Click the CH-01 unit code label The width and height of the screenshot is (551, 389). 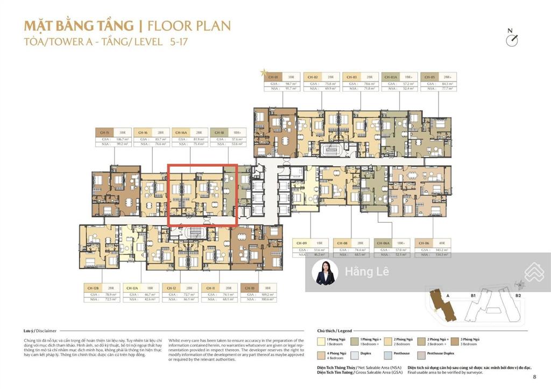coord(273,77)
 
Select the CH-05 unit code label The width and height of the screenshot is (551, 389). coord(428,77)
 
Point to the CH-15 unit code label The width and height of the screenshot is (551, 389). coord(104,132)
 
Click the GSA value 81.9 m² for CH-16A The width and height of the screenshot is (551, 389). coord(199,139)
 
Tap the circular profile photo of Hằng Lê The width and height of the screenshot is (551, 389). coord(325,272)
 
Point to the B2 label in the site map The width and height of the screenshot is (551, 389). coord(518,295)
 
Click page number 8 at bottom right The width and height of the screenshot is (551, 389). coord(534,377)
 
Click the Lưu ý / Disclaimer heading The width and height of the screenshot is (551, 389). coord(40,331)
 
